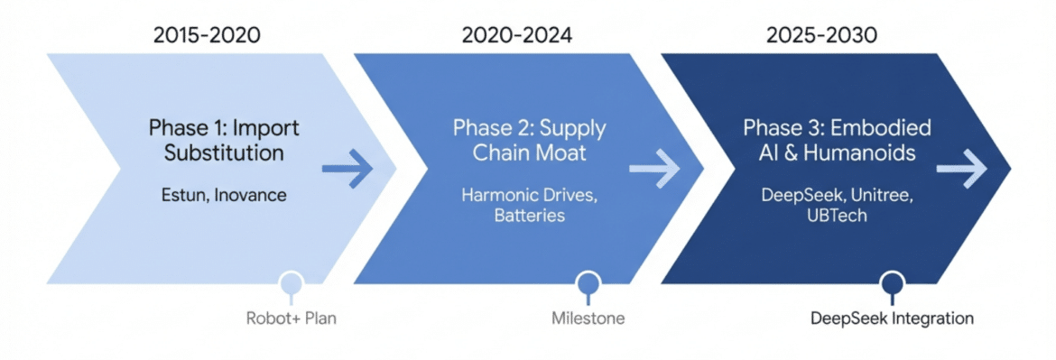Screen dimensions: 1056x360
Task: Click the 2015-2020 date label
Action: pyautogui.click(x=207, y=35)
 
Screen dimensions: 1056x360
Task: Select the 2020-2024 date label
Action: pyautogui.click(x=517, y=35)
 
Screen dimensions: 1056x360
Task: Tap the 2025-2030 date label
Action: pyautogui.click(x=822, y=35)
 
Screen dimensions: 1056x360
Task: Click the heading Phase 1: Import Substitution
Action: pyautogui.click(x=225, y=140)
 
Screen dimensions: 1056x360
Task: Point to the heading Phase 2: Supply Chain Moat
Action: pyautogui.click(x=529, y=140)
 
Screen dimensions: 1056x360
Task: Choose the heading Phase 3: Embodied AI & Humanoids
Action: pyautogui.click(x=837, y=140)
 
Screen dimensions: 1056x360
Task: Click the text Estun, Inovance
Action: pyautogui.click(x=224, y=196)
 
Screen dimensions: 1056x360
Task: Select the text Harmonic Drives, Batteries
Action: pyautogui.click(x=529, y=206)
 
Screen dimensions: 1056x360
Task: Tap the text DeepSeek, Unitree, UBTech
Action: pyautogui.click(x=837, y=206)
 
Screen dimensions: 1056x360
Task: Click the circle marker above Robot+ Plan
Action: pyautogui.click(x=291, y=282)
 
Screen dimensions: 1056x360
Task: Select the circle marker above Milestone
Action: pyautogui.click(x=588, y=282)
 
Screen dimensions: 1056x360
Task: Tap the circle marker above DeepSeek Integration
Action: pyautogui.click(x=893, y=282)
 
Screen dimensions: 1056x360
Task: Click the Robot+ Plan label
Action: pyautogui.click(x=291, y=318)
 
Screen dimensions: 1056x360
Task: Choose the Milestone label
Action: pyautogui.click(x=588, y=318)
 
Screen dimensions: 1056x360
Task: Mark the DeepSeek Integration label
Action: pyautogui.click(x=893, y=318)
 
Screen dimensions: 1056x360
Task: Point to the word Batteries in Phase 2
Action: pyautogui.click(x=529, y=216)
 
